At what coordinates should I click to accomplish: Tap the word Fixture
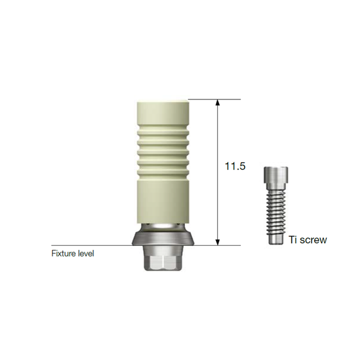[63, 253]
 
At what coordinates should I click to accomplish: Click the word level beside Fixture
[85, 253]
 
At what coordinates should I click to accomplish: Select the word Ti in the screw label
[294, 240]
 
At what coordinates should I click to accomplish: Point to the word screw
[314, 240]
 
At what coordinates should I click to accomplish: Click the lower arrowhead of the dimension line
[218, 242]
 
